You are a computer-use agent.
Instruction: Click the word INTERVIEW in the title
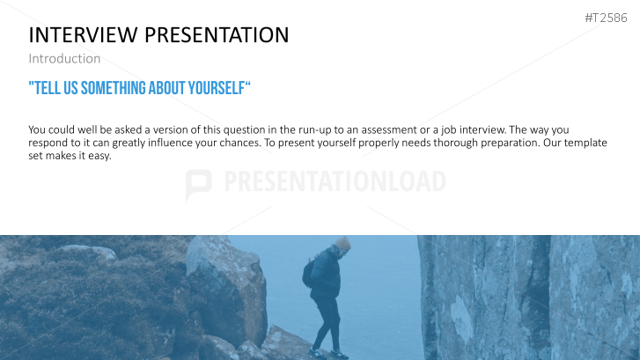tap(83, 34)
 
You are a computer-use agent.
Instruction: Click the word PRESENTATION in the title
tap(217, 34)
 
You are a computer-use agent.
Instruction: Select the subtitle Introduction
tap(64, 58)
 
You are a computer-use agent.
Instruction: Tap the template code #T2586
tap(606, 18)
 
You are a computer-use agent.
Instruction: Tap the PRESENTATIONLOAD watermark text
tap(335, 181)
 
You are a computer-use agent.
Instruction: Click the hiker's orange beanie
tap(342, 243)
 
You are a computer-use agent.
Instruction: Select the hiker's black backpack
tap(308, 273)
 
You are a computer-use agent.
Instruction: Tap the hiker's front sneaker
tap(339, 355)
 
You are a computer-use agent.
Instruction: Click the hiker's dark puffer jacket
tap(327, 275)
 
